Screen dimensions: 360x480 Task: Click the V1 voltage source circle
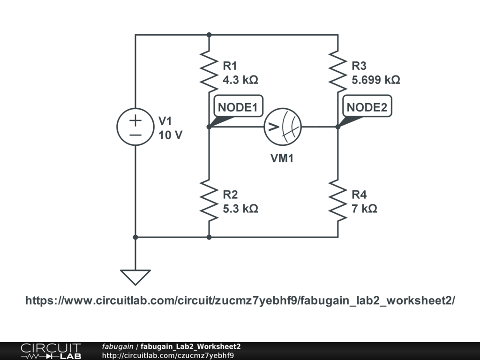[135, 127]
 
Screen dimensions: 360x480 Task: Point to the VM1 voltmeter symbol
[282, 127]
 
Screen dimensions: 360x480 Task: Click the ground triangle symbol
[135, 277]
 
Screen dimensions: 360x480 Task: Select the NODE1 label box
[238, 107]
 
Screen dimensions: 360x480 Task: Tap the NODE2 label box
[367, 107]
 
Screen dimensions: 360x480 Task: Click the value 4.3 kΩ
[240, 80]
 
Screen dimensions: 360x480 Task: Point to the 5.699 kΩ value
[375, 80]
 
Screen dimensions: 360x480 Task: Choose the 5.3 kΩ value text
[240, 209]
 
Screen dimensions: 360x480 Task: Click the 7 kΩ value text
[364, 209]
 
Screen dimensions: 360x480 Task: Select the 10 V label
[170, 135]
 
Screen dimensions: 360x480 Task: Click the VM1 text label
[282, 158]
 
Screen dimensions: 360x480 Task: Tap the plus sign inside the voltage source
[135, 120]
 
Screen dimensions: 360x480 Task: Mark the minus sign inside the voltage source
[135, 135]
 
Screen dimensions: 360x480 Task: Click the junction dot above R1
[209, 35]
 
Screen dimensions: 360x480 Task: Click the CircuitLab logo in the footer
[51, 351]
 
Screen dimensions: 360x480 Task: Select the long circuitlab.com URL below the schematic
[240, 300]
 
